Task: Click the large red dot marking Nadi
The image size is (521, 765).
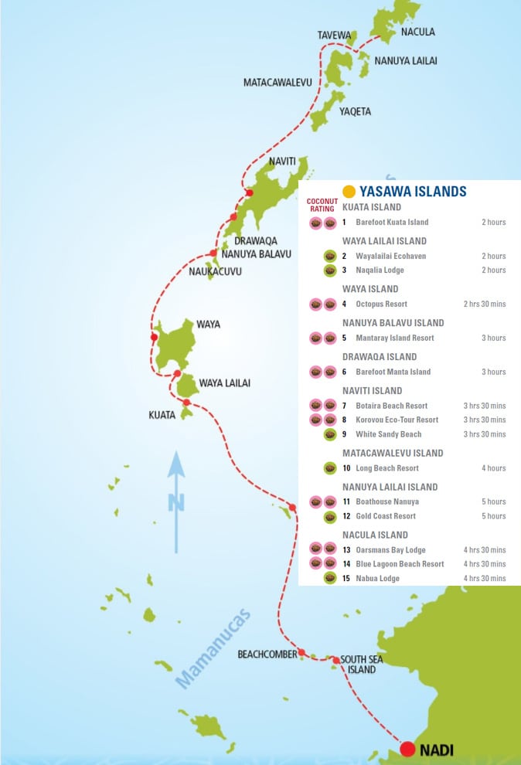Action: click(408, 748)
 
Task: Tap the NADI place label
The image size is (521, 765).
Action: click(437, 749)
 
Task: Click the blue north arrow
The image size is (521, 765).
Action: click(177, 502)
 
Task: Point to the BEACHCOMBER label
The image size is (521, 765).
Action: click(267, 654)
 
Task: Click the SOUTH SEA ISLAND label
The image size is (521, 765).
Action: click(361, 665)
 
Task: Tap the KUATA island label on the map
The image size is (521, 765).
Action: click(162, 415)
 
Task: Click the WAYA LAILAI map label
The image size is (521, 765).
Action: click(224, 383)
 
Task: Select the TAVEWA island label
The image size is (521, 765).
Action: click(335, 36)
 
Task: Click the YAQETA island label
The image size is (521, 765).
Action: click(355, 111)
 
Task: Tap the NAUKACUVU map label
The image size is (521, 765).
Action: click(215, 271)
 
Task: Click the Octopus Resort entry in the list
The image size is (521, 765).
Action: click(381, 304)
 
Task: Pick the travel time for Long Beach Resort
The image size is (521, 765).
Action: click(492, 467)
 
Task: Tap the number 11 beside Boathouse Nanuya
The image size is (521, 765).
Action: click(346, 501)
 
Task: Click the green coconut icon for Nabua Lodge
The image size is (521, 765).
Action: click(330, 578)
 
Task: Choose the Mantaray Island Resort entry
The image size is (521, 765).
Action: click(394, 338)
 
